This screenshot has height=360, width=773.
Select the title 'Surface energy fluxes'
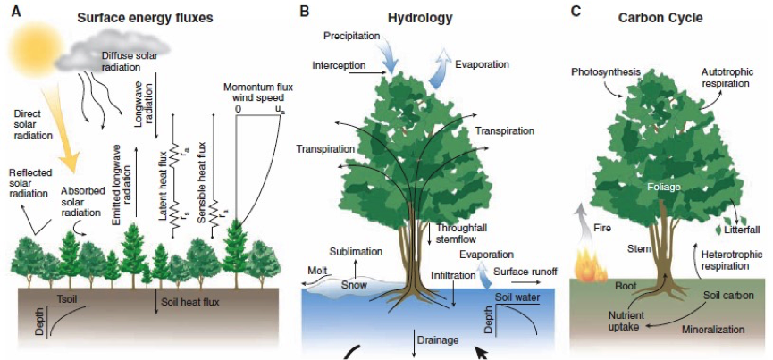coord(149,17)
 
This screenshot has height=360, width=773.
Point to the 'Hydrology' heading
coord(420,17)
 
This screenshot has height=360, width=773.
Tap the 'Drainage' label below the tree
coord(441,339)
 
